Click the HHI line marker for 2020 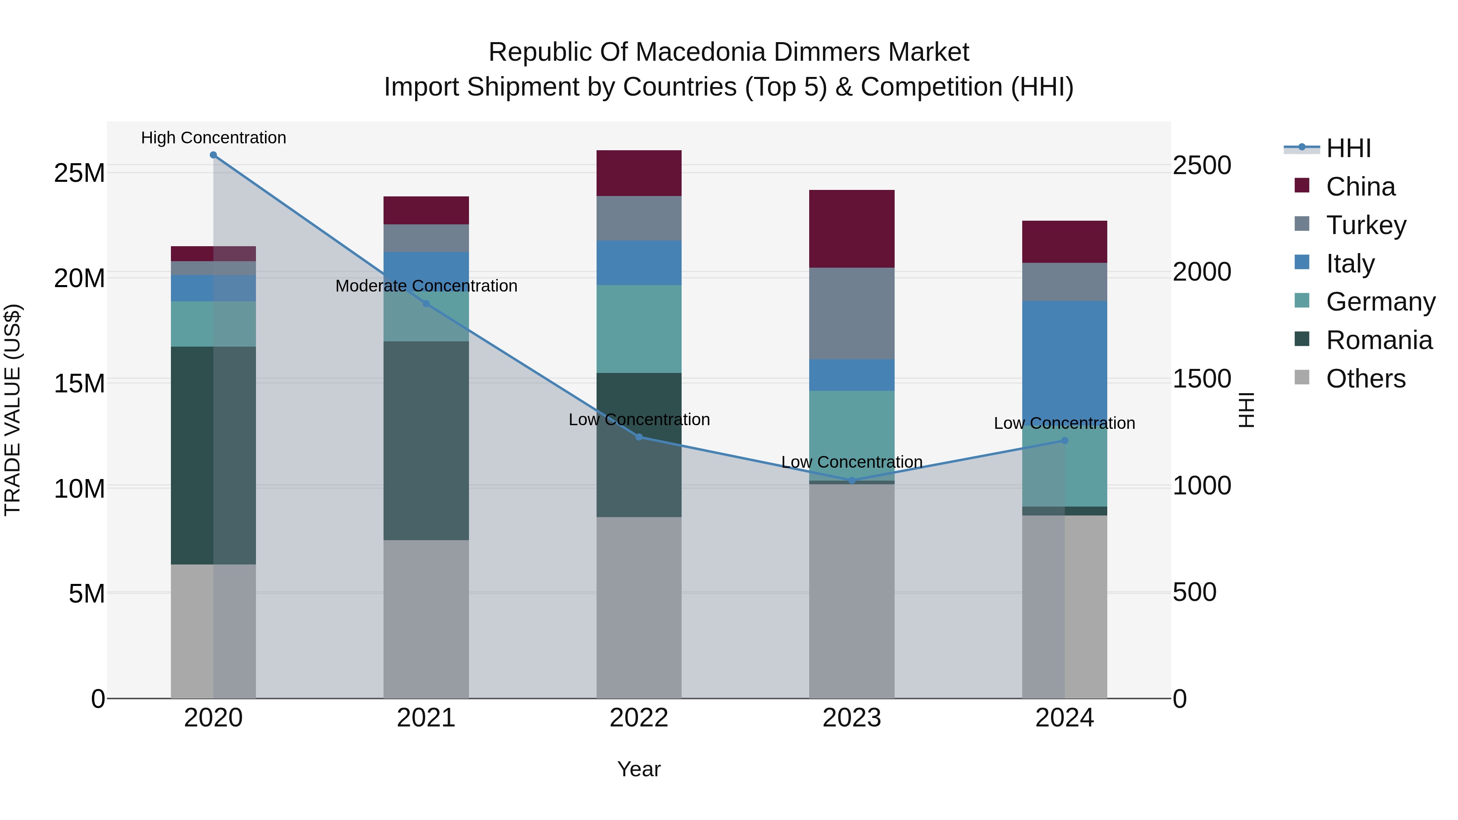click(x=213, y=155)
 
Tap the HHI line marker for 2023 click(x=852, y=480)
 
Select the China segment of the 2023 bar click(x=852, y=229)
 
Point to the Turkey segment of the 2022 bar click(x=639, y=218)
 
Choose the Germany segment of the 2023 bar click(x=852, y=436)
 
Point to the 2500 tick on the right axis click(x=1202, y=165)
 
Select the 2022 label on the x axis click(x=639, y=718)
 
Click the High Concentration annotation click(x=213, y=138)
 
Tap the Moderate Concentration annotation click(x=426, y=286)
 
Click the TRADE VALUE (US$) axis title click(x=13, y=410)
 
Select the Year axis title click(x=639, y=769)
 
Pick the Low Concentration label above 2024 click(x=1064, y=423)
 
